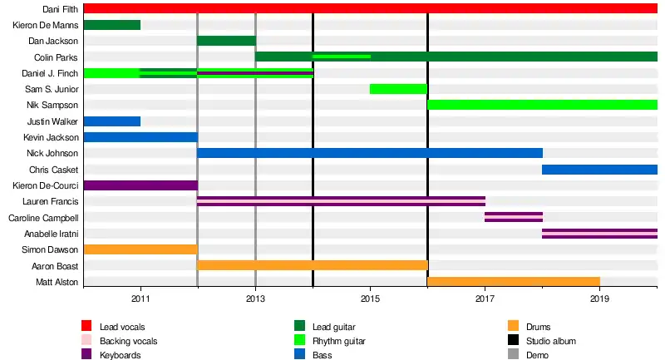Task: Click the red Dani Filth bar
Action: (x=370, y=8)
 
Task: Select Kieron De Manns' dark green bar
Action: (x=112, y=25)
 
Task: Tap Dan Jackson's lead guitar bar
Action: (x=226, y=41)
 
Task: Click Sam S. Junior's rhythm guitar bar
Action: (x=398, y=89)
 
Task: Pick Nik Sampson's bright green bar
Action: (x=542, y=105)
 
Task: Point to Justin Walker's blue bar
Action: (x=112, y=121)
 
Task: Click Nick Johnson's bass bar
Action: (x=370, y=153)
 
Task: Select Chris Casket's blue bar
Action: (x=599, y=170)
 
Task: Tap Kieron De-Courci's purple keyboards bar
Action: (x=140, y=185)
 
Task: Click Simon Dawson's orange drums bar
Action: (x=140, y=249)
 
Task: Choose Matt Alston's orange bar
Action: (x=514, y=282)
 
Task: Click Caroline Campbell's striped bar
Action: (x=514, y=218)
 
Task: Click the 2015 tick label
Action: (x=370, y=297)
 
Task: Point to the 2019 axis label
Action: (x=599, y=297)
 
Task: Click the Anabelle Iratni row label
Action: (x=52, y=234)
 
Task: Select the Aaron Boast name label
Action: (x=55, y=266)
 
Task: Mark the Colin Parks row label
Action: (x=57, y=57)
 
